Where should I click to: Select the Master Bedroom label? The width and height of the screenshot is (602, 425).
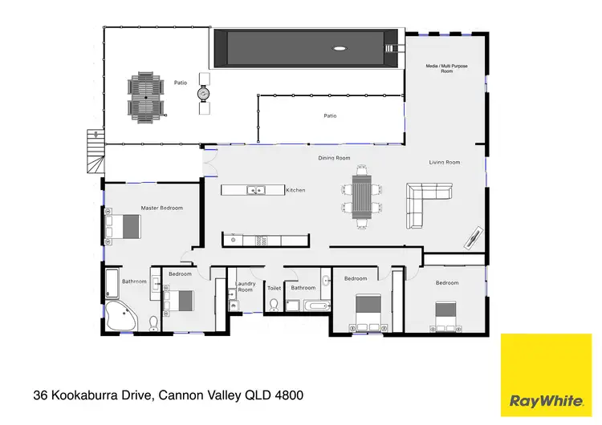coord(161,208)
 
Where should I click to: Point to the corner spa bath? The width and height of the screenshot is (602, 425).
coord(123,317)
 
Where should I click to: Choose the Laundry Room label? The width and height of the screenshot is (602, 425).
coord(245,287)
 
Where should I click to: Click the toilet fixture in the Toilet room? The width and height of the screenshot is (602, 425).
coord(274,304)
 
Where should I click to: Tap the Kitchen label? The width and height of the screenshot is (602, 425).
coord(295,190)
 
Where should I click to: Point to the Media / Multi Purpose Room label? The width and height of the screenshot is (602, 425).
coord(447,67)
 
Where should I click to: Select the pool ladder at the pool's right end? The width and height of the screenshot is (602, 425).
coord(391,49)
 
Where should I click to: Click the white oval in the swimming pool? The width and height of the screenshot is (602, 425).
coord(340,49)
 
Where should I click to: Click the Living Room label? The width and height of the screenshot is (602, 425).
coord(444,163)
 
